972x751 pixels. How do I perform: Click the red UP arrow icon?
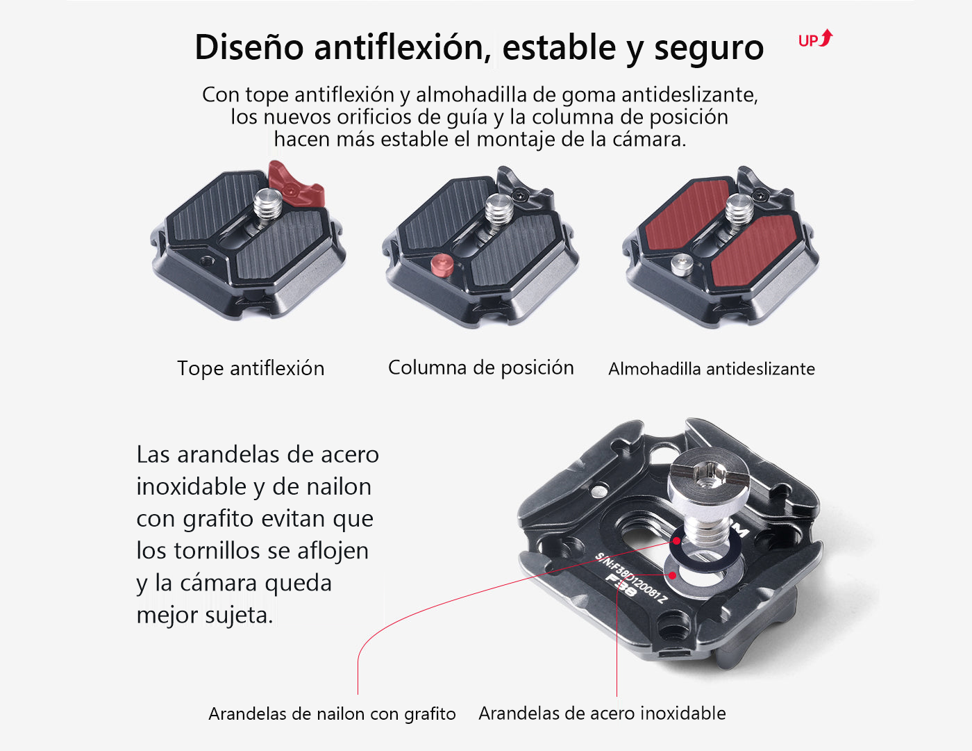(816, 39)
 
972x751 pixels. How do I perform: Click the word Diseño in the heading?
(249, 47)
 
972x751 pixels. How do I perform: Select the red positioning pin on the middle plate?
(442, 265)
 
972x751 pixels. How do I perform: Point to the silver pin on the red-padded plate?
(682, 265)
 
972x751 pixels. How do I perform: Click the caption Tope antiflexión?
(251, 368)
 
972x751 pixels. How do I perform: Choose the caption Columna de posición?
(481, 368)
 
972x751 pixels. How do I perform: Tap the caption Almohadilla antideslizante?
(711, 369)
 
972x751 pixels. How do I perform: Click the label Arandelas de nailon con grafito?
(332, 713)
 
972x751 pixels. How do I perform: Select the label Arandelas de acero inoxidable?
(602, 713)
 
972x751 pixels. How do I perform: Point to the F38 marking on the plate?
(621, 585)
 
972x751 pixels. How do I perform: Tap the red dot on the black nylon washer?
(677, 541)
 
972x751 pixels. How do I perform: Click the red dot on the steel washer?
(672, 575)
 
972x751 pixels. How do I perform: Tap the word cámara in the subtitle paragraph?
(648, 139)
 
